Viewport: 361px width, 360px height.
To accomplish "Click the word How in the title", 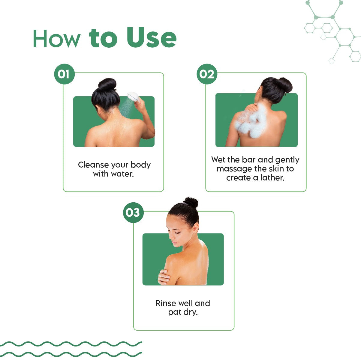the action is (57, 38).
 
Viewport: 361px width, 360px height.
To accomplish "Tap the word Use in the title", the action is (152, 37).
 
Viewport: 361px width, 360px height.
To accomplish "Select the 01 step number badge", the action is (64, 74).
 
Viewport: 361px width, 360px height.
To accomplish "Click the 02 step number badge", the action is (207, 74).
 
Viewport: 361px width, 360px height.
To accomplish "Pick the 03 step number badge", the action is (133, 213).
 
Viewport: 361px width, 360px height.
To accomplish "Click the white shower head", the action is (133, 97).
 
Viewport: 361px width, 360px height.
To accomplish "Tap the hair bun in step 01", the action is (107, 84).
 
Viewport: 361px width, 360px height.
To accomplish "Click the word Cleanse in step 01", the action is (94, 165).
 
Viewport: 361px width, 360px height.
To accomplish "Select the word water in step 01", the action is (122, 174).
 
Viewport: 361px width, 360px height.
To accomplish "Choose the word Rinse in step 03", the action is (166, 303).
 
